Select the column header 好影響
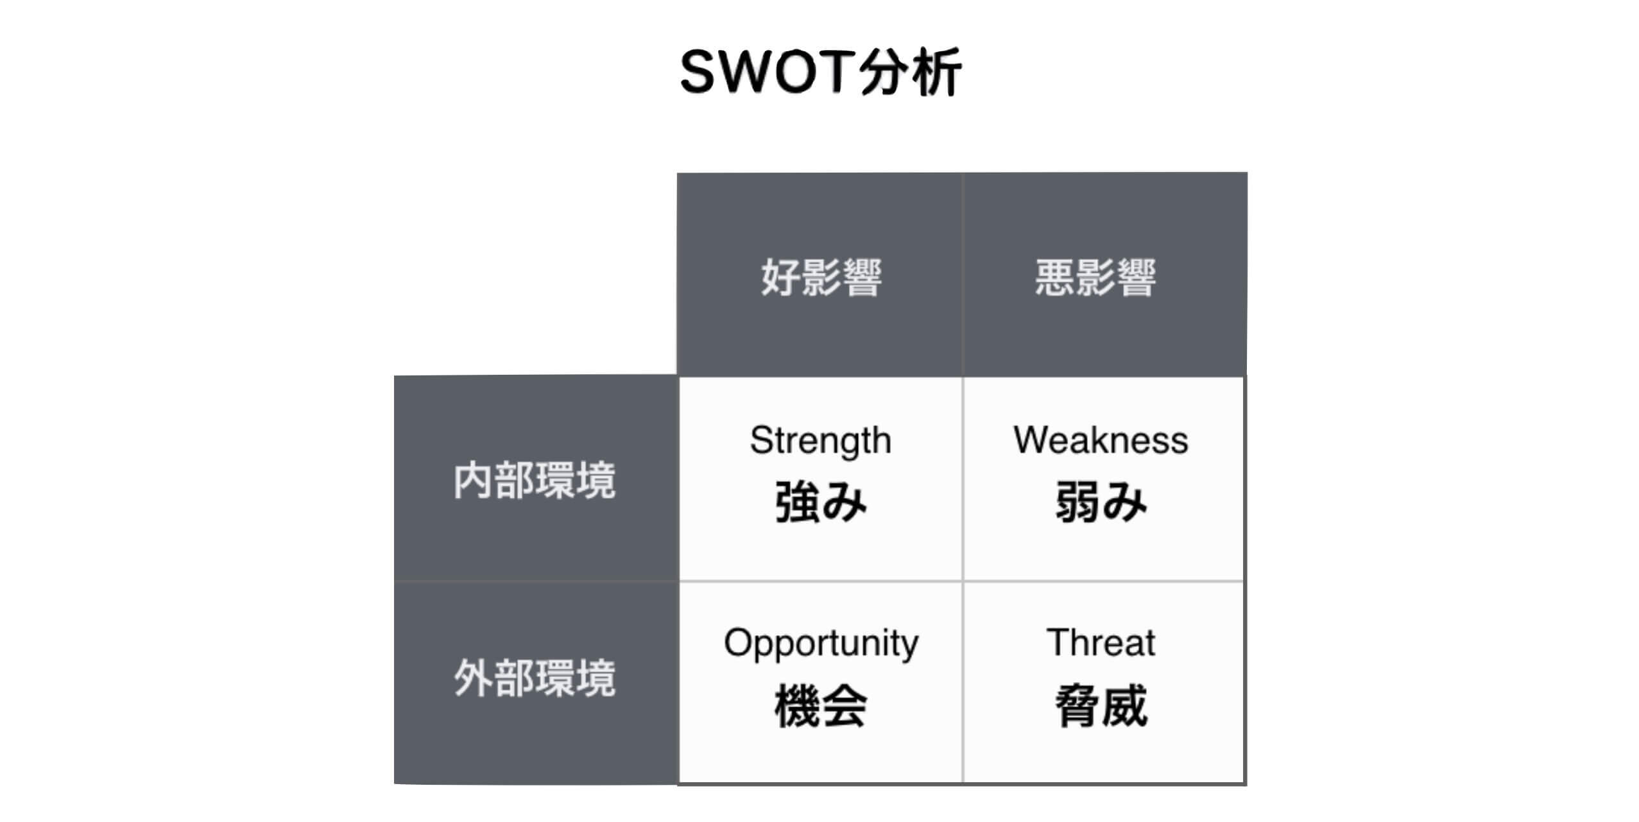[821, 277]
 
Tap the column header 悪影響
[1095, 277]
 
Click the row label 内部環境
[535, 480]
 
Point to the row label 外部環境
[535, 678]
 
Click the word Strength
[821, 441]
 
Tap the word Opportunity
[821, 644]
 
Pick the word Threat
[1101, 642]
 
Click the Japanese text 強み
[821, 502]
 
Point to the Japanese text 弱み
[1101, 502]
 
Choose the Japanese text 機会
[821, 705]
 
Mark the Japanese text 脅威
[1101, 705]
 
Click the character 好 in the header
[780, 277]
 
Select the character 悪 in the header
[1054, 277]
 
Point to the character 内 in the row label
[473, 480]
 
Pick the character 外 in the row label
[473, 678]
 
